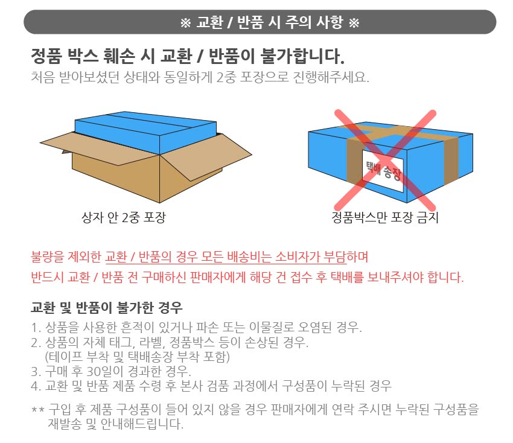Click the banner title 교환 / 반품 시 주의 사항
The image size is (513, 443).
270,22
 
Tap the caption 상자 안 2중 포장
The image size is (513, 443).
124,217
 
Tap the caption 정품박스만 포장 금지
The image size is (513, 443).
385,217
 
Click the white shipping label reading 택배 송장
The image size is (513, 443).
383,171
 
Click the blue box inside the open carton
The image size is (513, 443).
145,133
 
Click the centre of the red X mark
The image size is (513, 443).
385,161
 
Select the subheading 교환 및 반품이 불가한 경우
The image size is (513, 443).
106,308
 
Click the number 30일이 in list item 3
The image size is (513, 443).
104,371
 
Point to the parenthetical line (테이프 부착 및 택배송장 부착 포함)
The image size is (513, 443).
138,357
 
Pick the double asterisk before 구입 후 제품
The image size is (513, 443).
37,410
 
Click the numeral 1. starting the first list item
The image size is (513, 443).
36,328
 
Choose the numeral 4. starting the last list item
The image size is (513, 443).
36,386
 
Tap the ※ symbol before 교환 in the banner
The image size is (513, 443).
185,23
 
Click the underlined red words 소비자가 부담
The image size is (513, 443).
310,257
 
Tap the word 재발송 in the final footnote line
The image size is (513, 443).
65,424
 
